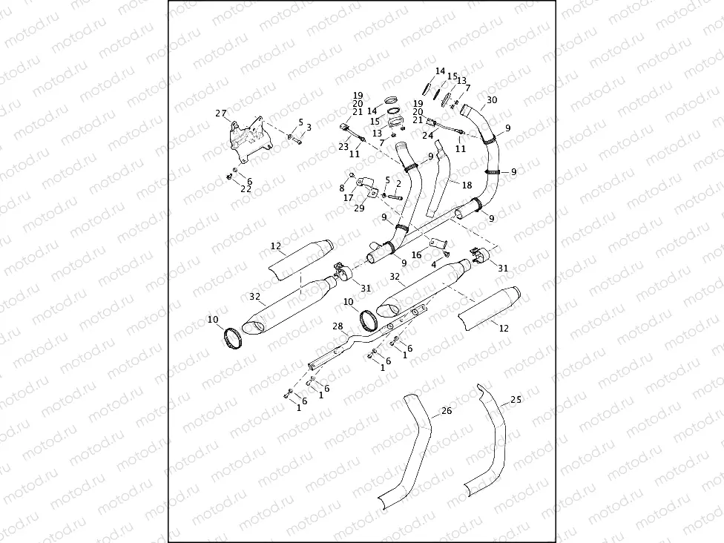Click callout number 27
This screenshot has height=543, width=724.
(220, 113)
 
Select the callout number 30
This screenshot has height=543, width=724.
(492, 100)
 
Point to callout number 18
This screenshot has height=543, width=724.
(467, 184)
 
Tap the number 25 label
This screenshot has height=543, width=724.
(516, 400)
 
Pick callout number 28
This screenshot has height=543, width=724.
(338, 326)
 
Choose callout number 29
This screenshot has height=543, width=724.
(359, 208)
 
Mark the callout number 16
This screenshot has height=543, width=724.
(417, 254)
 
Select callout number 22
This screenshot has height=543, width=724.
(246, 189)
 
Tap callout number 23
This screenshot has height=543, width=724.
(343, 147)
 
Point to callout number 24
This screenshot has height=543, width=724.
(427, 136)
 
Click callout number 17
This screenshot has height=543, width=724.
(348, 198)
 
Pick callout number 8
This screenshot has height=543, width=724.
(342, 188)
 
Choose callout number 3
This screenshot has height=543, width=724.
(309, 128)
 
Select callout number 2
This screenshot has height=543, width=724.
(398, 183)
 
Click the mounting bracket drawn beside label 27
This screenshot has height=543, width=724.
(248, 140)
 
